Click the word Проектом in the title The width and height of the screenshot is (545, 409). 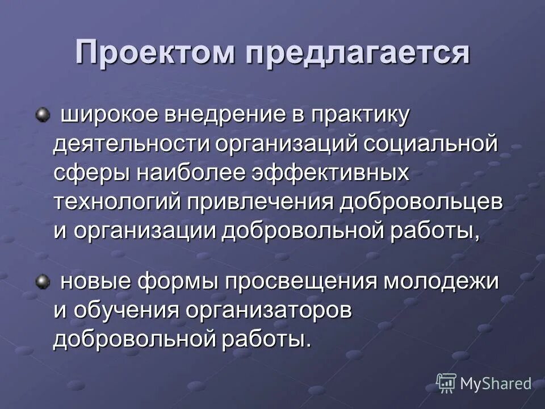[x=155, y=54]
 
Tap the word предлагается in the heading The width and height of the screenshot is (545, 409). [x=358, y=54]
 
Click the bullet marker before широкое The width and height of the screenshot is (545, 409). [x=41, y=116]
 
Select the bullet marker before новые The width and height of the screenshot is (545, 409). [x=41, y=281]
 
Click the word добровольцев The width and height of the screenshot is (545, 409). [x=421, y=202]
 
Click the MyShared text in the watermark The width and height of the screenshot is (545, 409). [x=496, y=383]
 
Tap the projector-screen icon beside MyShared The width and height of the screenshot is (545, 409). [x=446, y=383]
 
